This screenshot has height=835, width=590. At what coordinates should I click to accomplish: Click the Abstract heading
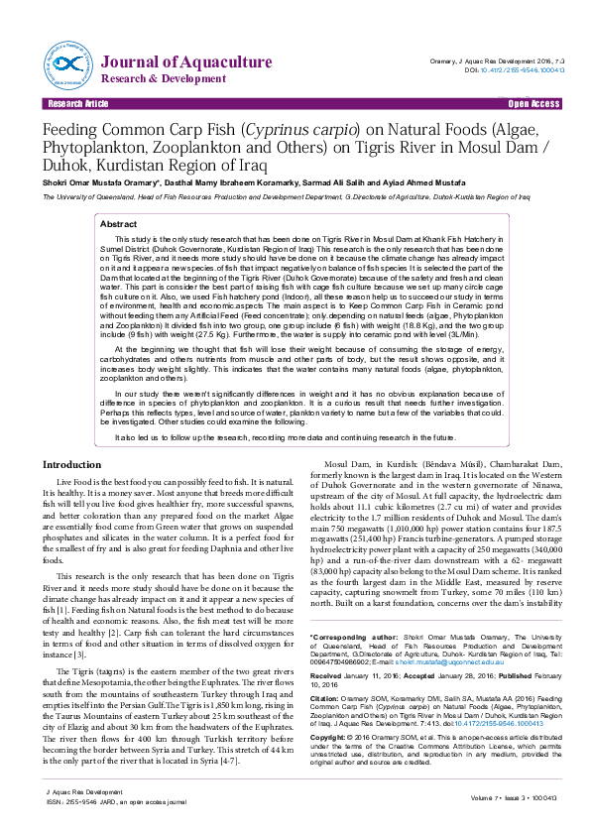119,225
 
